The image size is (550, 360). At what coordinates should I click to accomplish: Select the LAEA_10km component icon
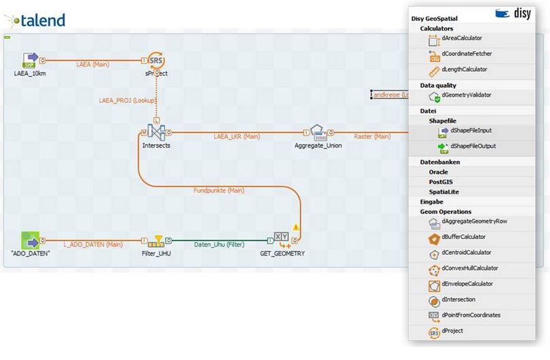[x=31, y=60]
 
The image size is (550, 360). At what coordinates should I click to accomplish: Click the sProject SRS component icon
[x=156, y=60]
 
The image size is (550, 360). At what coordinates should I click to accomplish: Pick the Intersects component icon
[x=156, y=132]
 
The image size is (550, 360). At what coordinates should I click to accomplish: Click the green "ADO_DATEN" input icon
[x=31, y=240]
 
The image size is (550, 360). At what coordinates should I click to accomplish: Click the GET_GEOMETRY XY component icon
[x=282, y=239]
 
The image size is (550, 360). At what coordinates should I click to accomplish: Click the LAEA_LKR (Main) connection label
[x=237, y=137]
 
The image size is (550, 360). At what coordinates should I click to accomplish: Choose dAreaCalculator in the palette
[x=461, y=39]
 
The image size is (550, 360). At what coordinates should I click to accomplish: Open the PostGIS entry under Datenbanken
[x=441, y=182]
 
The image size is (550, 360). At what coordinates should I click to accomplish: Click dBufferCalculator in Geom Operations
[x=463, y=237]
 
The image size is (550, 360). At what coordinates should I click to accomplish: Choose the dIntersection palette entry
[x=458, y=300]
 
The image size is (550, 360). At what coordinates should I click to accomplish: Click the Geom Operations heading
[x=445, y=211]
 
